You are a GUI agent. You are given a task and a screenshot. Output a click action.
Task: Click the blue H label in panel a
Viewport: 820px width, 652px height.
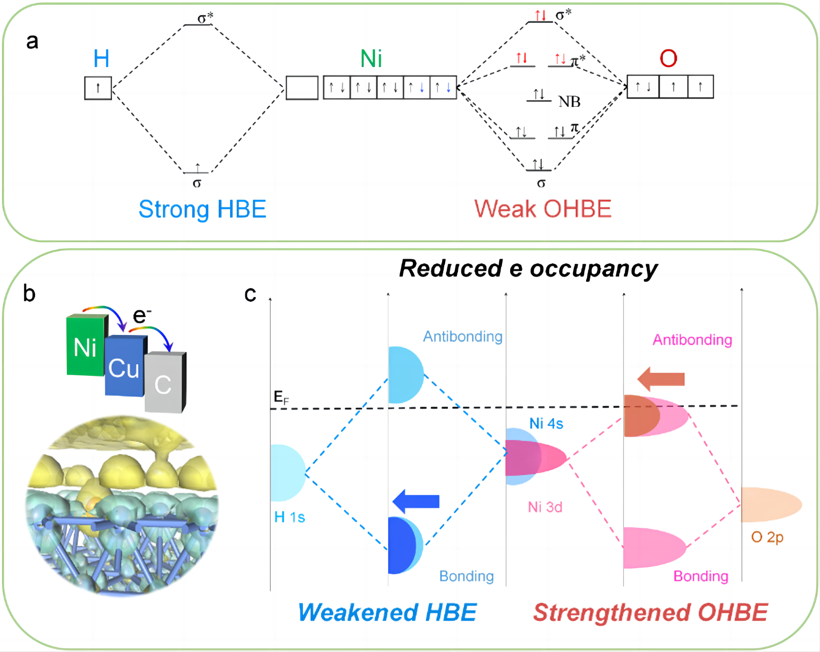click(101, 59)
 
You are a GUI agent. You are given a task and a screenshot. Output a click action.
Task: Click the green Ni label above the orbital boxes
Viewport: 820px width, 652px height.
click(371, 59)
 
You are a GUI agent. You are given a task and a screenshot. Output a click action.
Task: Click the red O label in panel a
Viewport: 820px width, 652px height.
click(668, 59)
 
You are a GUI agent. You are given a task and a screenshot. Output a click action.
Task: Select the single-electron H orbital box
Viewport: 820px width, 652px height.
click(98, 88)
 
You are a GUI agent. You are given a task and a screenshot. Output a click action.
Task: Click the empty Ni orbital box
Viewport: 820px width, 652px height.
click(302, 88)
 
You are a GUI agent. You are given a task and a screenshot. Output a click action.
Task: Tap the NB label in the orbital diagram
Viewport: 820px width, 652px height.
click(569, 102)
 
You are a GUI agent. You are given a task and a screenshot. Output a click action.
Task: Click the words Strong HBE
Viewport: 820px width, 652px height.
click(202, 209)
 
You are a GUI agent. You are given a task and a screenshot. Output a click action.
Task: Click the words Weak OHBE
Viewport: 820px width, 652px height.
click(543, 209)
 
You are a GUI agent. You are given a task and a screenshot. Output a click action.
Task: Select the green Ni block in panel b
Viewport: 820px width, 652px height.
click(85, 345)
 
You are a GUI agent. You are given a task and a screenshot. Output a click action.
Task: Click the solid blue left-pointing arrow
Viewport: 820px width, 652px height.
click(416, 501)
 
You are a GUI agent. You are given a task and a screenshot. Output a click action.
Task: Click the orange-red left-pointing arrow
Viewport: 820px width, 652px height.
click(661, 379)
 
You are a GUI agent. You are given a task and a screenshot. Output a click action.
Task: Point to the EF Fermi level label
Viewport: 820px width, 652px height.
click(281, 397)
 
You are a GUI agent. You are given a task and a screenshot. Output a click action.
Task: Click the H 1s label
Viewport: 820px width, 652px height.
click(289, 517)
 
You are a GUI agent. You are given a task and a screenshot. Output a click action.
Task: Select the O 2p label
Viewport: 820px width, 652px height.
click(767, 537)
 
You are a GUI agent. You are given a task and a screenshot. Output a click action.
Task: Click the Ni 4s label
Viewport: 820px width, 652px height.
click(546, 423)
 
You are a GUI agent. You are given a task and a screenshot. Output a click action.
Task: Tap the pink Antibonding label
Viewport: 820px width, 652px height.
click(692, 340)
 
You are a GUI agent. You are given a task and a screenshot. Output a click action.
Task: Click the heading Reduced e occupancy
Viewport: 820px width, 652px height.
click(528, 269)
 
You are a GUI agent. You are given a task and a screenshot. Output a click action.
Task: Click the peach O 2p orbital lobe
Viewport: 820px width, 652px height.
click(770, 504)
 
